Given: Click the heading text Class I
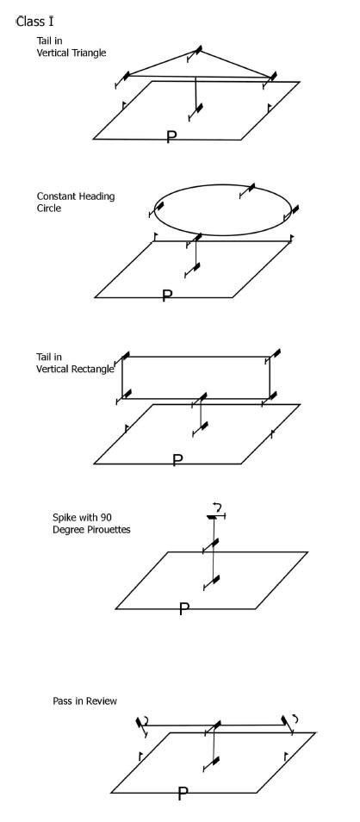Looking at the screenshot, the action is pos(34,22).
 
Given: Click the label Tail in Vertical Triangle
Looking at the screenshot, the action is pos(71,47).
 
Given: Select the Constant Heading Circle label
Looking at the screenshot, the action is pos(76,202).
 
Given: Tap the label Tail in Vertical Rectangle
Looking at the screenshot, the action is pos(75,363).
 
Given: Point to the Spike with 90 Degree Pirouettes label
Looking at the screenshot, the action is pos(91,523).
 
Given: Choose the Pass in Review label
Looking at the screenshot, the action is pos(85,701).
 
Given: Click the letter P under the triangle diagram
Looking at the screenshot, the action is pos(171,137).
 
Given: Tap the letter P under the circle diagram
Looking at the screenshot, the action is pos(167,296).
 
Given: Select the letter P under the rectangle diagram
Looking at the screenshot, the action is pos(177,460).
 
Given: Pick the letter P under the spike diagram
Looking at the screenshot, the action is pos(183,608).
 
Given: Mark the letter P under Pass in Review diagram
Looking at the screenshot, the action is pos(183,794).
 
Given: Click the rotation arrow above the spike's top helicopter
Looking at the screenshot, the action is pos(218,507).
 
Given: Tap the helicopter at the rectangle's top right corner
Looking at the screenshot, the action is pos(273,356).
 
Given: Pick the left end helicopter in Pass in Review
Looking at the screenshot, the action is pos(141,726).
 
